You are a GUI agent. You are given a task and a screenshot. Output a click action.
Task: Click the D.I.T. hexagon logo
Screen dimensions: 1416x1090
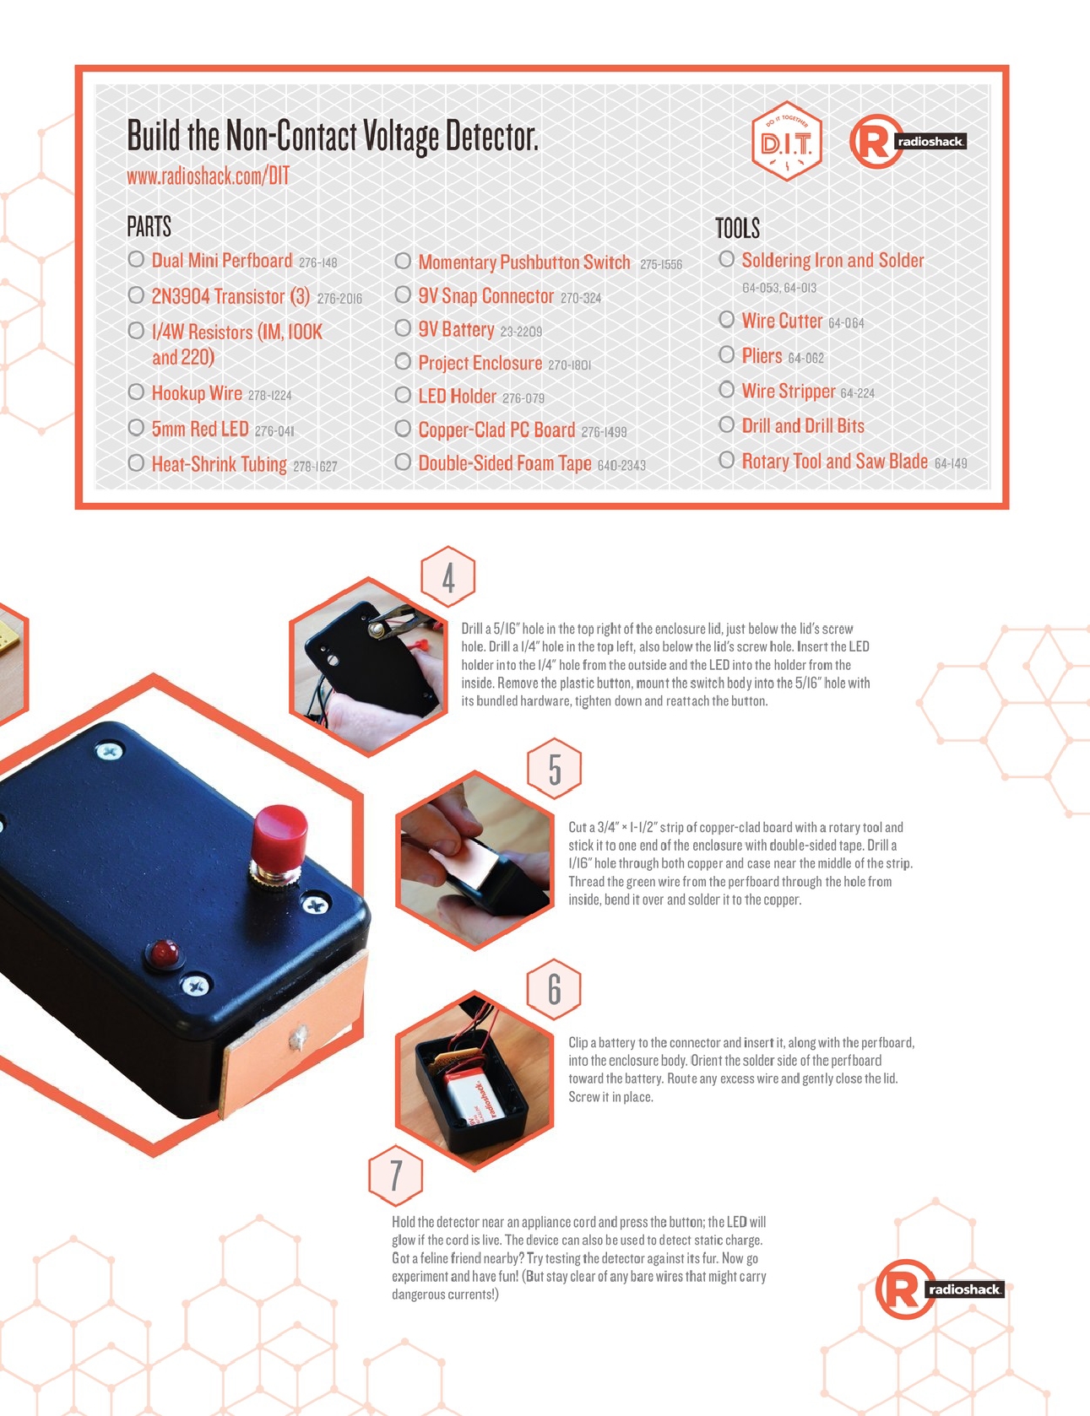tap(786, 142)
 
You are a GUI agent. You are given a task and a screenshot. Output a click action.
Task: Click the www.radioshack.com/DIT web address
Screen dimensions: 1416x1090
tap(208, 176)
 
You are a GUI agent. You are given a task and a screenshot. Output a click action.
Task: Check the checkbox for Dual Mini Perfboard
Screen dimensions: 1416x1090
tap(136, 259)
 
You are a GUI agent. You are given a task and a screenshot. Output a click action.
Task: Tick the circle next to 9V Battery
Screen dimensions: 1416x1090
tap(403, 328)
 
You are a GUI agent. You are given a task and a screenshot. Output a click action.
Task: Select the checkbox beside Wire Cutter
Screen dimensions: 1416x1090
tap(726, 320)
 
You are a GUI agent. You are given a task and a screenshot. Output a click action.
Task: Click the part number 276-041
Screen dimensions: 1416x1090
tap(274, 431)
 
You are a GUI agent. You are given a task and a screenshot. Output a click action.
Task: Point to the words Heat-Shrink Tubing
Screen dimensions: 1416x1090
tap(219, 463)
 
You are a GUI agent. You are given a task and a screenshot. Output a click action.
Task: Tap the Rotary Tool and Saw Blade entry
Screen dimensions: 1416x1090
tap(834, 461)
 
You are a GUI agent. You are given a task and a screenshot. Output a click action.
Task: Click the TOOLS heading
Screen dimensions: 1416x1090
tap(737, 228)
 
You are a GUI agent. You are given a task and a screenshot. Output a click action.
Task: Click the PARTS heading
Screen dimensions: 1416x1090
tap(149, 226)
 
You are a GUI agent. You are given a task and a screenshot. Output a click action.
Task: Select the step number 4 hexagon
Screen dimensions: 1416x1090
tap(448, 577)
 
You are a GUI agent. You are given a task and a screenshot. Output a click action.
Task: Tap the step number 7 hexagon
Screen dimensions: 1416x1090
tap(396, 1175)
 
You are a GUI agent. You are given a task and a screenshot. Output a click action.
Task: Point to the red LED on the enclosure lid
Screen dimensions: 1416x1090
tap(165, 954)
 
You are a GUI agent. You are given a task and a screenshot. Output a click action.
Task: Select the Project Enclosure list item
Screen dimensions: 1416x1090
tap(480, 363)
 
